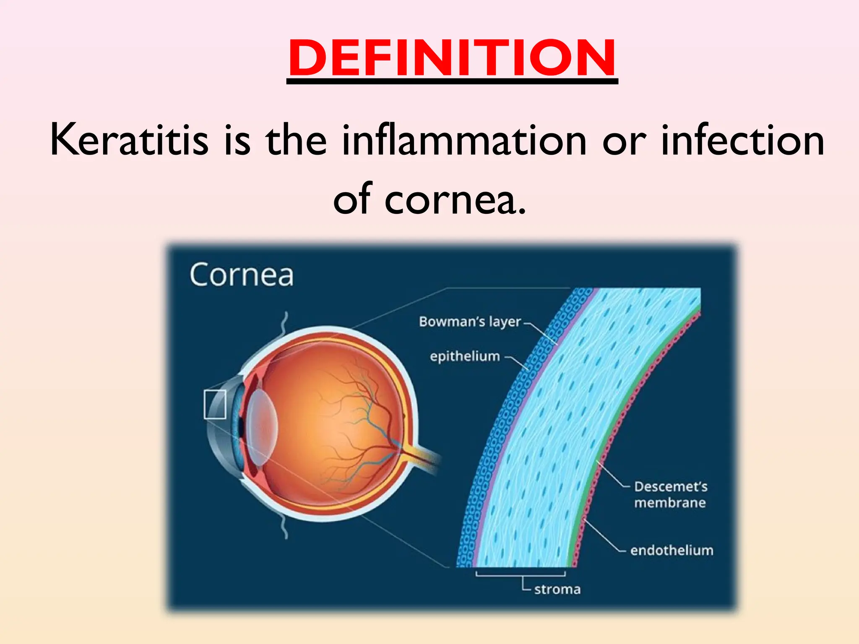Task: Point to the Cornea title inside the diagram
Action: click(x=241, y=275)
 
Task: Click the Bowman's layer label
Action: click(x=469, y=322)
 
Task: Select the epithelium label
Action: click(x=465, y=356)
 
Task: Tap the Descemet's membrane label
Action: click(x=670, y=486)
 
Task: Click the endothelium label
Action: click(x=672, y=550)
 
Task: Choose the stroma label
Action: click(x=557, y=589)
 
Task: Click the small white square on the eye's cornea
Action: click(x=215, y=404)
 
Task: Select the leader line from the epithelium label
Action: click(x=518, y=363)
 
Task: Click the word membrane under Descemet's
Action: click(x=670, y=503)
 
